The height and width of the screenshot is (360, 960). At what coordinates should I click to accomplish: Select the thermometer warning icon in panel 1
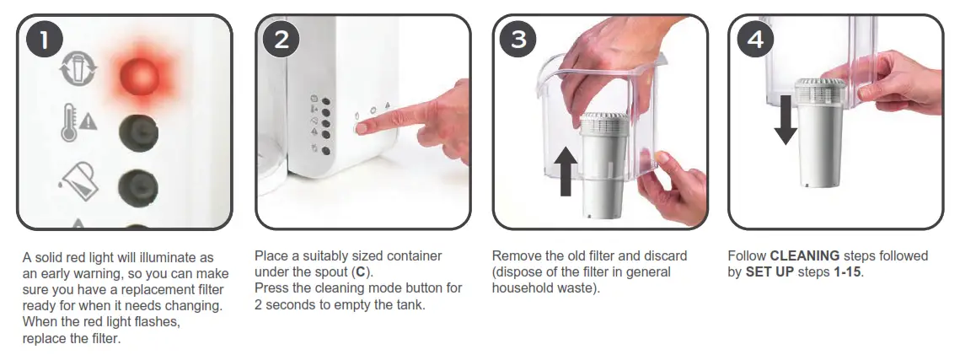pyautogui.click(x=78, y=123)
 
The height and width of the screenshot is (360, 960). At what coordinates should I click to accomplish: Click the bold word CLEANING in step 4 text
pyautogui.click(x=805, y=256)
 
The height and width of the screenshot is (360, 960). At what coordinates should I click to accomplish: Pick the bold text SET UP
pyautogui.click(x=769, y=272)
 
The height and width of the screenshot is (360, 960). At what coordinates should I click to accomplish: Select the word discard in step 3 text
pyautogui.click(x=665, y=256)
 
